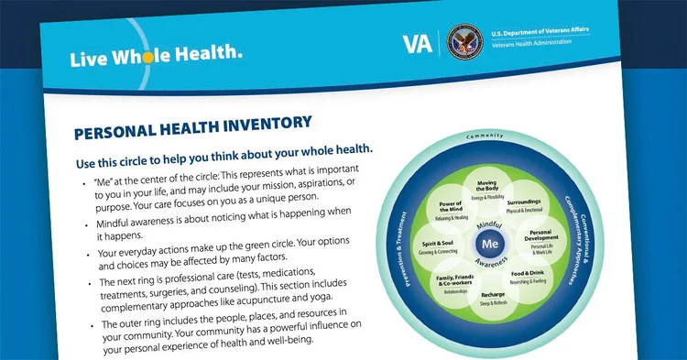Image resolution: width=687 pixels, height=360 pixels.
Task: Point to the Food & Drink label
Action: [532, 276]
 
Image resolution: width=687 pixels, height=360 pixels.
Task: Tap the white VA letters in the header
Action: [417, 44]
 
